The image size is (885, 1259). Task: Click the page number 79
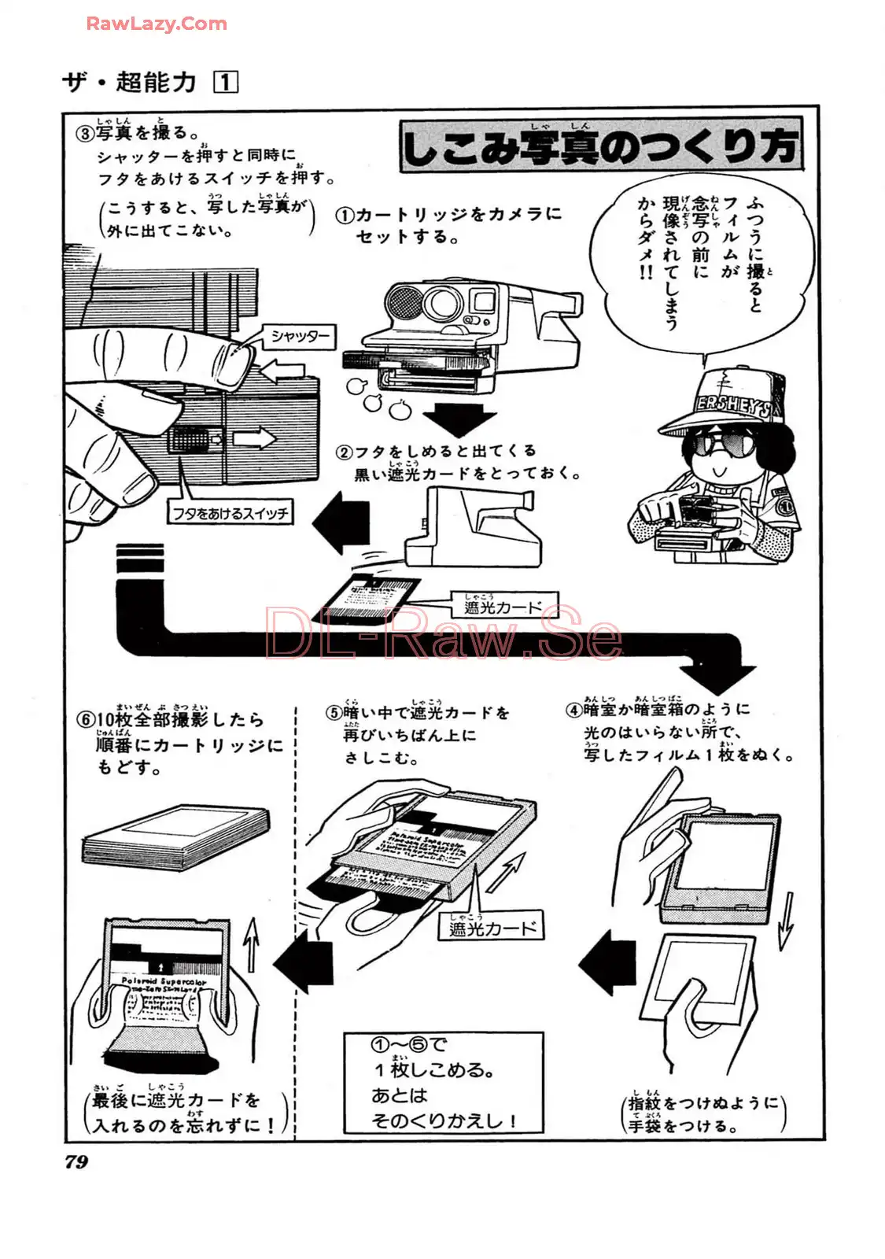(77, 1161)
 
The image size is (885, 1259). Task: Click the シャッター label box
(300, 337)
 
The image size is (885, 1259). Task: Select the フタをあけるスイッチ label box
(230, 514)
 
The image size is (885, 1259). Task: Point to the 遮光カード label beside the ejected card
(503, 606)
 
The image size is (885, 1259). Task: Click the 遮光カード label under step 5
(491, 928)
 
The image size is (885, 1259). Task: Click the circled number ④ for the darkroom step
(573, 710)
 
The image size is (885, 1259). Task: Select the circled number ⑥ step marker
(86, 720)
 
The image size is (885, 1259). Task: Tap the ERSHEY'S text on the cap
(732, 404)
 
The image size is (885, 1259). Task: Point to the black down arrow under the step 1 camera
(459, 417)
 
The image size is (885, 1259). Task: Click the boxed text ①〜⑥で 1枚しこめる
(443, 1082)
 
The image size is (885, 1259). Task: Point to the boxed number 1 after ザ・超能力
(227, 82)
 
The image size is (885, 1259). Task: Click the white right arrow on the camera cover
(256, 438)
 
